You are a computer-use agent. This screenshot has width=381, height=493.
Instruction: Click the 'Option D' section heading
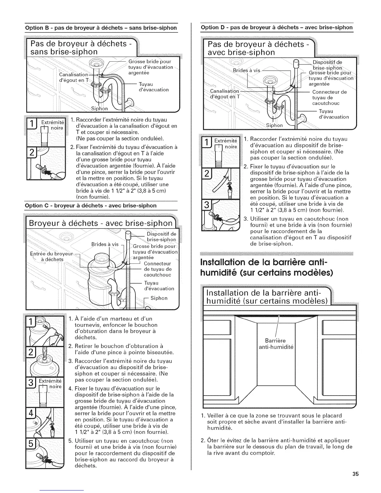[277, 27]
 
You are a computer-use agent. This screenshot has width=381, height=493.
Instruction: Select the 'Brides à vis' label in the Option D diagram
[246, 70]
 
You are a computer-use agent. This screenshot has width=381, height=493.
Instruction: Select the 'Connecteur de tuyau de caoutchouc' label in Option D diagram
[329, 97]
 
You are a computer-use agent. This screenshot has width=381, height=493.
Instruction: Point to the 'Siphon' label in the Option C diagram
[159, 298]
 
